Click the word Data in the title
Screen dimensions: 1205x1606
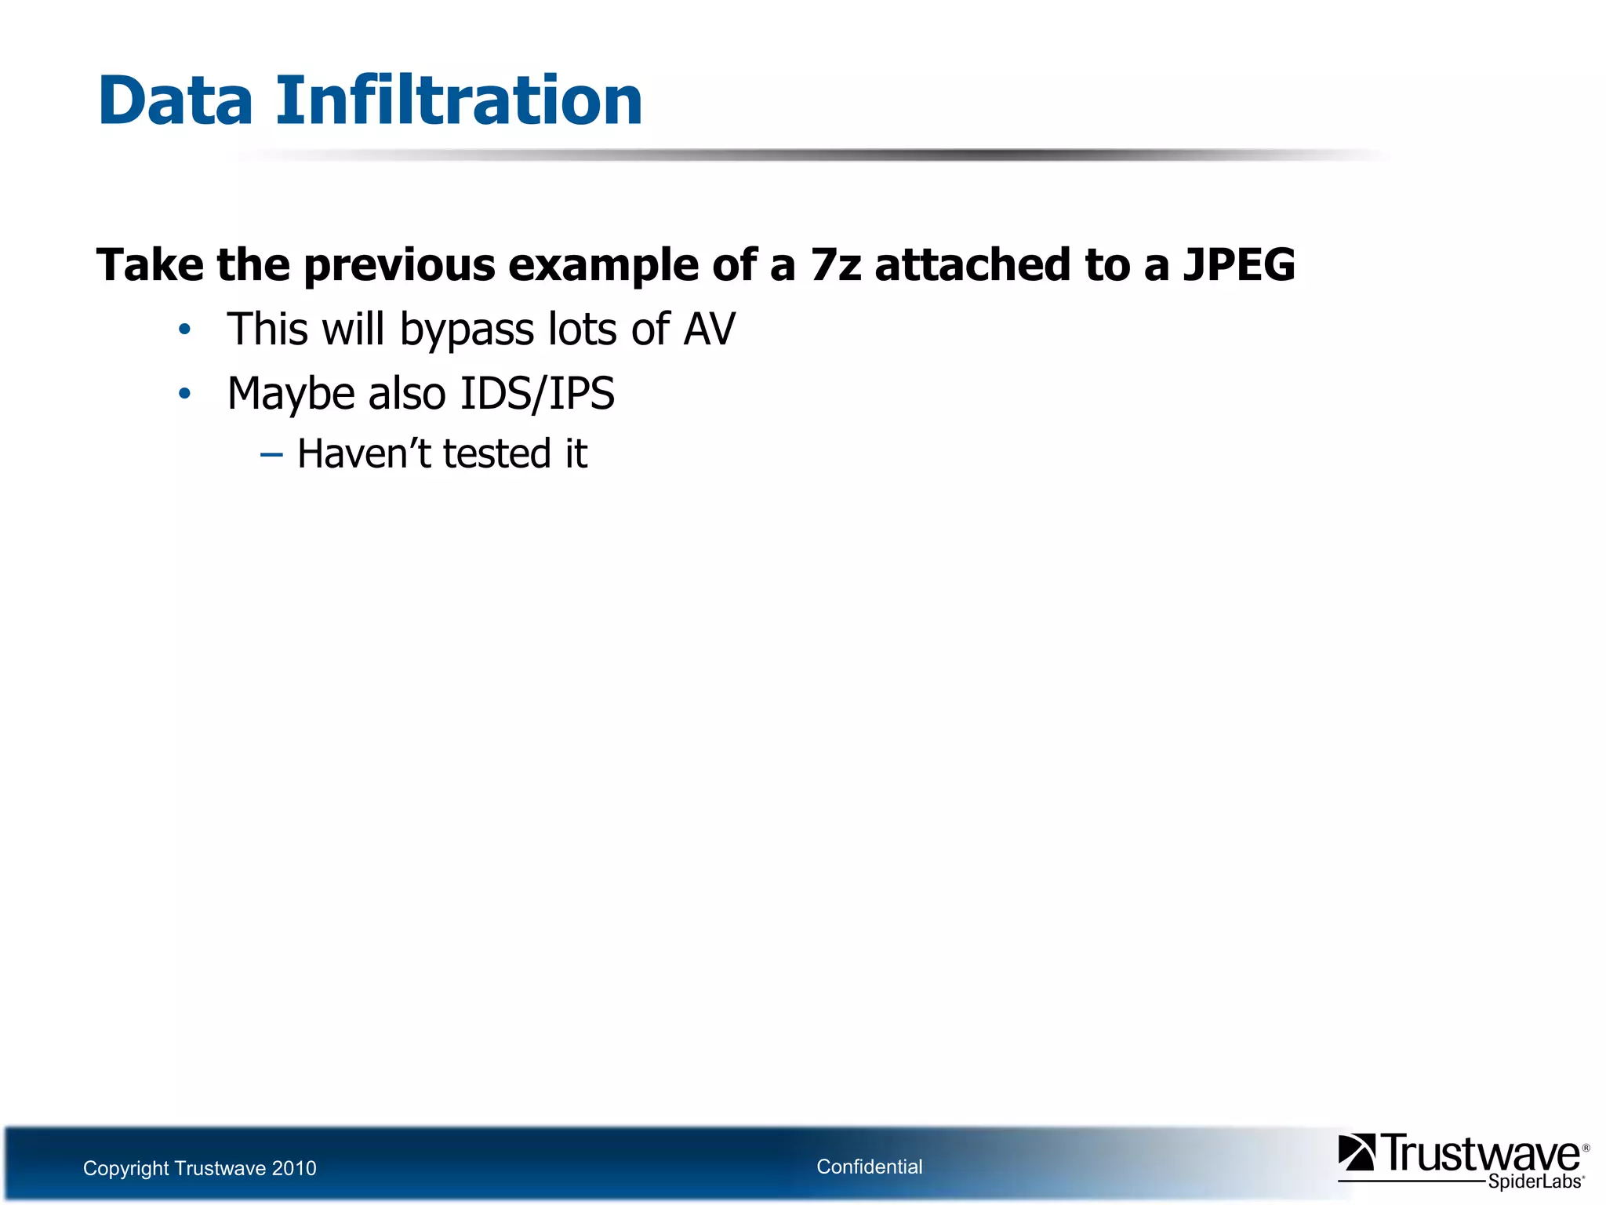tap(176, 100)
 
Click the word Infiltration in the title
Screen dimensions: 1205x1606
tap(459, 100)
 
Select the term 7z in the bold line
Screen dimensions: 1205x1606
tap(836, 264)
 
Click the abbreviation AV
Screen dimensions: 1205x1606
tap(709, 329)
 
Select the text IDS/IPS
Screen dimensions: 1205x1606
tap(537, 394)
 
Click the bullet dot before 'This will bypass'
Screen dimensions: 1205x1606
tap(184, 329)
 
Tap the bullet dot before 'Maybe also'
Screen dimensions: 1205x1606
tap(184, 394)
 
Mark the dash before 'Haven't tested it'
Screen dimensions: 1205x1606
tap(271, 454)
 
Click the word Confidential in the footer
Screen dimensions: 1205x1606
tap(869, 1167)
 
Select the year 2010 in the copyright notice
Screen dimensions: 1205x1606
tap(293, 1168)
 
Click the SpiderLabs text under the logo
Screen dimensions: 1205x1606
tap(1534, 1181)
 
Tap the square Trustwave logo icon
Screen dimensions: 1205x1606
tap(1356, 1152)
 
